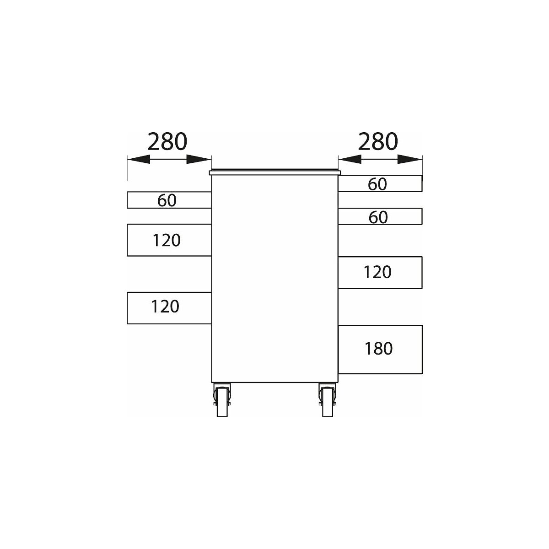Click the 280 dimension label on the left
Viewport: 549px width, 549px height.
point(167,141)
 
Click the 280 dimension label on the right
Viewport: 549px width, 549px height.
point(378,141)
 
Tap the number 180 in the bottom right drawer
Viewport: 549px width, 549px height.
point(379,349)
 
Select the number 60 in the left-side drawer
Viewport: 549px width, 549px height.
point(167,200)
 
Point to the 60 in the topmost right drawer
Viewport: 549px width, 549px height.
point(377,184)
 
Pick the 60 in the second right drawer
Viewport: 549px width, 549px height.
point(378,217)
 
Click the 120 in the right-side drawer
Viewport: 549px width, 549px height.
point(377,272)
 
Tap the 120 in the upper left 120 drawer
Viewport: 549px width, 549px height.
point(167,240)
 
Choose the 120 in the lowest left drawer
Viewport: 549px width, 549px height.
point(165,307)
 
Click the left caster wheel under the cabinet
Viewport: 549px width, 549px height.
point(222,400)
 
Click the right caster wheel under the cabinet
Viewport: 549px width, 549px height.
point(328,400)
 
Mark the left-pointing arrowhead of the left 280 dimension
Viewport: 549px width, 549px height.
point(139,159)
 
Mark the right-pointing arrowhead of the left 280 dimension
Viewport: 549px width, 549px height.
point(199,159)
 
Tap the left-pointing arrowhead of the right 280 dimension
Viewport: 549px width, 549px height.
point(350,159)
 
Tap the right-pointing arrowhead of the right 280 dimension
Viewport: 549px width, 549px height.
point(410,159)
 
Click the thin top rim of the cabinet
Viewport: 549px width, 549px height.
point(275,172)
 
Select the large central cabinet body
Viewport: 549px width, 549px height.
point(275,279)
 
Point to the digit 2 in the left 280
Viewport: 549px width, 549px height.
point(154,141)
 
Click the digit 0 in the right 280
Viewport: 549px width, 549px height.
point(392,141)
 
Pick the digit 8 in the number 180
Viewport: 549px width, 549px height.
point(379,349)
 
